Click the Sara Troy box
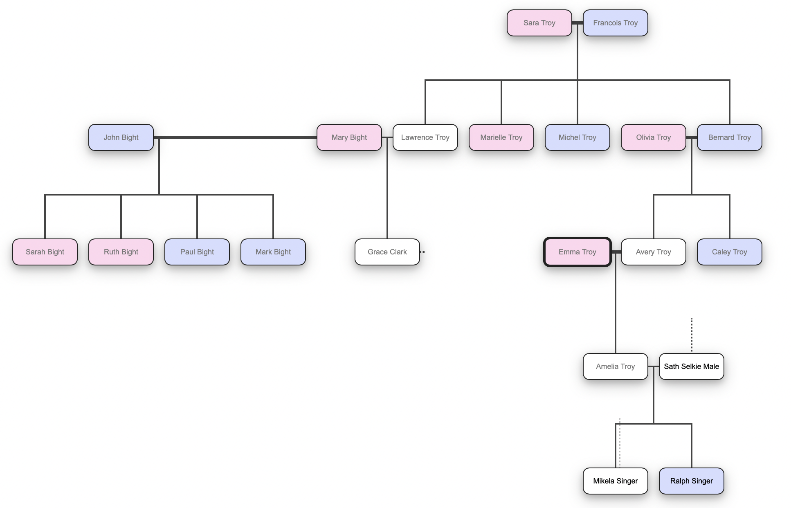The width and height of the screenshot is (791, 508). click(x=539, y=23)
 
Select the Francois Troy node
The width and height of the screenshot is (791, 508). click(x=615, y=23)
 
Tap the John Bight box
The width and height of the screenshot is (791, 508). click(x=121, y=137)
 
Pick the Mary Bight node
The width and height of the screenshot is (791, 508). click(x=349, y=137)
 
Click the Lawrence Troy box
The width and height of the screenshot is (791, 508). click(x=425, y=137)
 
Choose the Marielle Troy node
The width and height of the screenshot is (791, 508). click(x=501, y=137)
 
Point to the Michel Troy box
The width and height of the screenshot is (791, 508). click(x=577, y=137)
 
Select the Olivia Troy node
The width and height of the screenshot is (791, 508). click(x=653, y=137)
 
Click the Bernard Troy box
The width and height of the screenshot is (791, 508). click(x=729, y=137)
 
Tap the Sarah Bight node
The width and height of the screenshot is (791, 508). click(x=45, y=252)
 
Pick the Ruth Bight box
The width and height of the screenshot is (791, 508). click(x=121, y=252)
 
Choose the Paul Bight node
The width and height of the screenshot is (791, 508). click(x=197, y=252)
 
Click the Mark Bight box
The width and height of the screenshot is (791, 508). click(x=273, y=252)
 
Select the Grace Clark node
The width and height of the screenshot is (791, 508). click(x=387, y=252)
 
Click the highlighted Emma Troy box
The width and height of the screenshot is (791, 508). click(x=577, y=252)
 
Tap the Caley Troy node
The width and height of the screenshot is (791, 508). click(x=729, y=252)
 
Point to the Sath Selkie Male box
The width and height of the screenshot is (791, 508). click(x=691, y=366)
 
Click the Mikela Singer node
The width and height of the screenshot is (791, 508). click(x=615, y=481)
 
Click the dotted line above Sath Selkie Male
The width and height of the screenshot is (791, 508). click(x=692, y=335)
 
